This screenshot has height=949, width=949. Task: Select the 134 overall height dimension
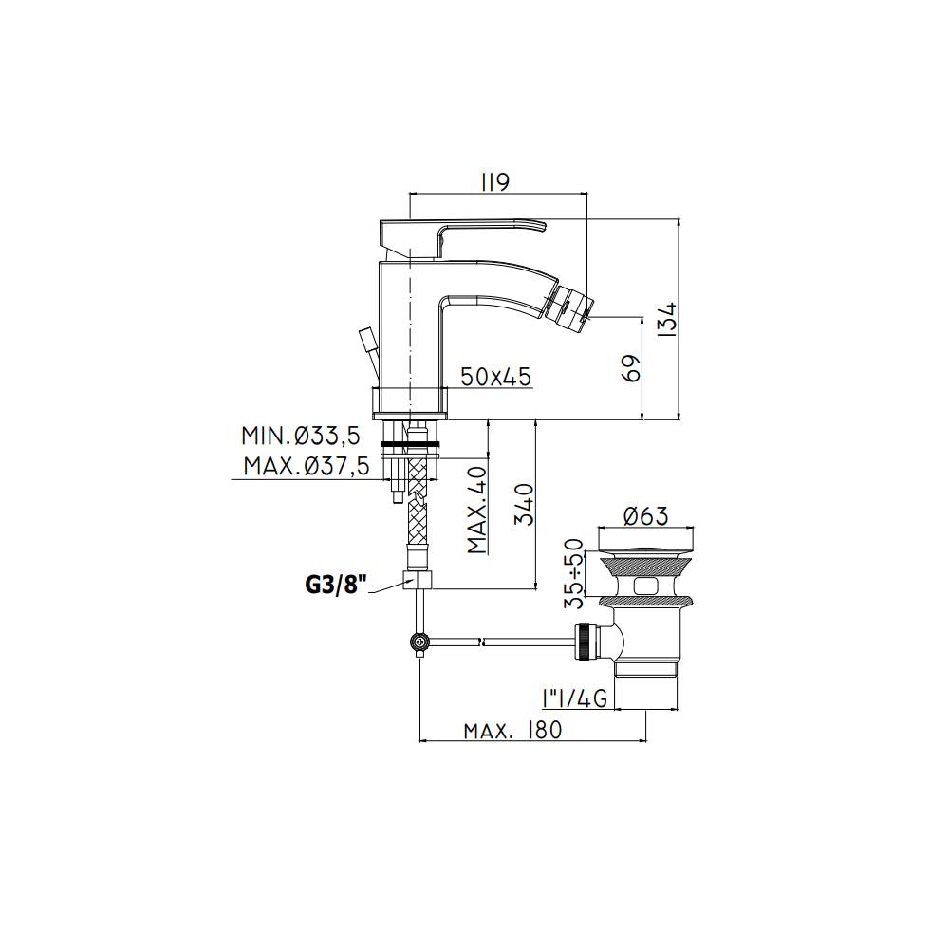click(x=669, y=318)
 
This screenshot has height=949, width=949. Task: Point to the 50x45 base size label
click(x=495, y=377)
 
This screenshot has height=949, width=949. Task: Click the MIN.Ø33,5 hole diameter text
click(x=301, y=436)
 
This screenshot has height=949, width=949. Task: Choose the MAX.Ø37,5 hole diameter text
click(x=307, y=467)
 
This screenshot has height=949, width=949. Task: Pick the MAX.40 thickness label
click(x=477, y=511)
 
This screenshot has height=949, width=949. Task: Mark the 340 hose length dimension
click(x=524, y=504)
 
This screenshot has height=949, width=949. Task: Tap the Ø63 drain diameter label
click(x=645, y=516)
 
